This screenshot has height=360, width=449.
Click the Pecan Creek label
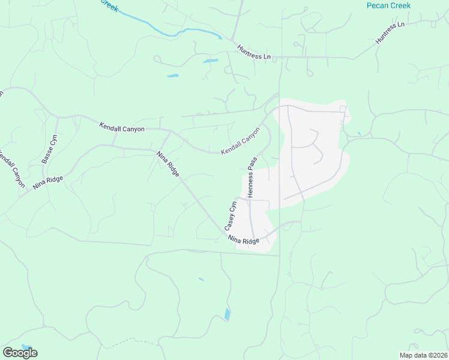click(x=388, y=5)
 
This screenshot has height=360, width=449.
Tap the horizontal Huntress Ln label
click(x=254, y=52)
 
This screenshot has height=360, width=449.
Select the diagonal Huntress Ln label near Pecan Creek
click(x=390, y=32)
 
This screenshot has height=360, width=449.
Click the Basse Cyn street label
click(x=50, y=150)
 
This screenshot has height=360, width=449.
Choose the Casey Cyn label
click(x=231, y=216)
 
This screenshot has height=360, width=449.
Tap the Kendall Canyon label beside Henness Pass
click(x=241, y=140)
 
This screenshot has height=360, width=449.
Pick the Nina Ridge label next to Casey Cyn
click(x=244, y=239)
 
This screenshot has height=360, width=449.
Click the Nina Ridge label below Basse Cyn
click(x=47, y=179)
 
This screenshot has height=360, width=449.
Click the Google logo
click(x=20, y=353)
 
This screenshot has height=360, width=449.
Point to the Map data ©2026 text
click(x=423, y=355)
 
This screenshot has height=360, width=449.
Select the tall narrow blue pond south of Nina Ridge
click(x=227, y=314)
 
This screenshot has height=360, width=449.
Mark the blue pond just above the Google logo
click(x=26, y=347)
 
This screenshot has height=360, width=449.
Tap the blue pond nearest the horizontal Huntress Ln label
click(x=210, y=61)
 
